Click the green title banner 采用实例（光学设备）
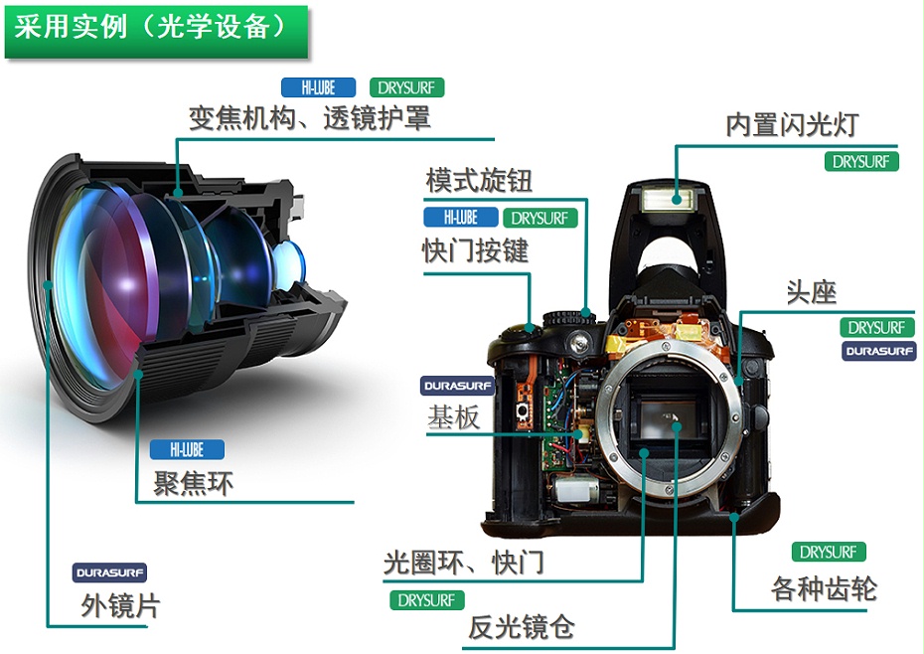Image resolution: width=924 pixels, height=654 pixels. (x=156, y=31)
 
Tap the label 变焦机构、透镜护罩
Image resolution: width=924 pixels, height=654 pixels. (x=309, y=118)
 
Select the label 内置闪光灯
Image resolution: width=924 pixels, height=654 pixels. (x=792, y=125)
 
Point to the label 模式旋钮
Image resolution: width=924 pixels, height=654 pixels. (x=479, y=181)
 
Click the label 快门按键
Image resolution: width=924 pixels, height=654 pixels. (x=475, y=250)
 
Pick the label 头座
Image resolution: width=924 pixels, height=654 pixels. (x=812, y=292)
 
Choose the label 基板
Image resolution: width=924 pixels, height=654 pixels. (x=453, y=417)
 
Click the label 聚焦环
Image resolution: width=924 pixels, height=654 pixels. (x=193, y=483)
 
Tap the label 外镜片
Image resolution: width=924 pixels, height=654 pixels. (x=120, y=605)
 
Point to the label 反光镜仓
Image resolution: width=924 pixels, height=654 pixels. (x=521, y=626)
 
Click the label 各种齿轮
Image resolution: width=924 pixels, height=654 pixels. (x=824, y=588)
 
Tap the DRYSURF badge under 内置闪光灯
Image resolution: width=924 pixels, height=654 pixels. (x=861, y=162)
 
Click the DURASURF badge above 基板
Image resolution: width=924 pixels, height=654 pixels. (x=458, y=387)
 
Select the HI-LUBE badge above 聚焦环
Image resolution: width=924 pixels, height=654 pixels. (x=187, y=450)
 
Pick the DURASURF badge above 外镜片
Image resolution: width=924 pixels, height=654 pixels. (x=109, y=572)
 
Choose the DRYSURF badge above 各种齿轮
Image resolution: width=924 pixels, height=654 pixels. (x=829, y=552)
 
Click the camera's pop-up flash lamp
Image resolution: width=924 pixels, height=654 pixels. (x=669, y=199)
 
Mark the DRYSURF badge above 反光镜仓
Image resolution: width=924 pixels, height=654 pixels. (x=427, y=600)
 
